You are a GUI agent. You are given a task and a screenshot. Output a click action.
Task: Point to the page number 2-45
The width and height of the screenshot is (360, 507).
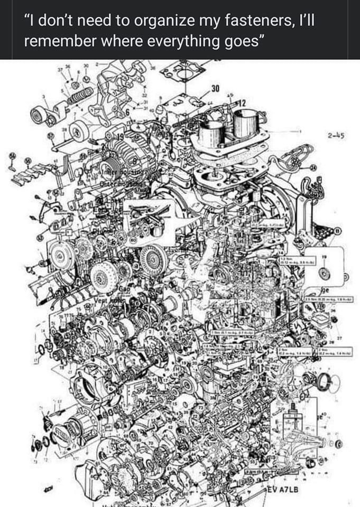[x=336, y=135]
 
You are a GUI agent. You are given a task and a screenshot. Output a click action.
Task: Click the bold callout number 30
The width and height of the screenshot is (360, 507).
[x=216, y=87]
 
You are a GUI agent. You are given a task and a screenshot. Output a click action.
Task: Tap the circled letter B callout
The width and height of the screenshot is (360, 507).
[x=337, y=231]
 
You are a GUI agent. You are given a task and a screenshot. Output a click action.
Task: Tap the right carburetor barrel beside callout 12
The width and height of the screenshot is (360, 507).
[x=245, y=123]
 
